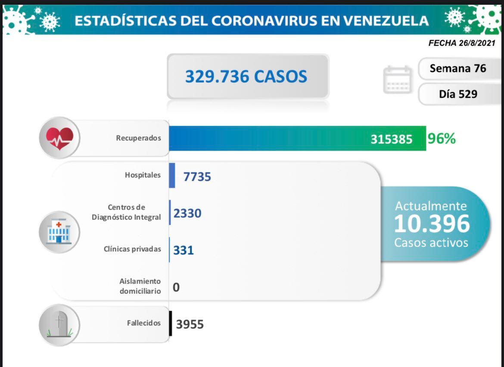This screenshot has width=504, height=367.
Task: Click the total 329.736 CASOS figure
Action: click(246, 77)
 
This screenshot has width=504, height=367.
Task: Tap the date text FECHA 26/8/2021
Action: click(462, 43)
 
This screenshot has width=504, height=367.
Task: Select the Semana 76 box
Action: click(457, 68)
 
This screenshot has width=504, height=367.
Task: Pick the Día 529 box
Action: click(458, 93)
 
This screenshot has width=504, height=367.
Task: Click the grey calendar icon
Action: click(397, 80)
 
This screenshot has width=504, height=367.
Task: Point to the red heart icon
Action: click(59, 138)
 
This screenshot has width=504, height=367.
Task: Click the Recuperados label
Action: click(138, 138)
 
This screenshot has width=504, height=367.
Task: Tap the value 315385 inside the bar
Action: click(391, 139)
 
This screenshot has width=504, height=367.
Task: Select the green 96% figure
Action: click(442, 139)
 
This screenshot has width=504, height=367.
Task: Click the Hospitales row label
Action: click(143, 175)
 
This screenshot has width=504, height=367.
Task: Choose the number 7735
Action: click(197, 176)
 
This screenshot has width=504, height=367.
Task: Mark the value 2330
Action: click(187, 213)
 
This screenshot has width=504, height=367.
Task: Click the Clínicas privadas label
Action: click(132, 249)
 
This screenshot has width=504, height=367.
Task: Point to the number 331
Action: click(184, 250)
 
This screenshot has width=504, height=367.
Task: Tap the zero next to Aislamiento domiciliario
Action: click(176, 287)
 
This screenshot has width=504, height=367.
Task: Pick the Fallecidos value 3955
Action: click(190, 324)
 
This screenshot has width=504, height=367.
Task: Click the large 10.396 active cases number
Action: click(432, 224)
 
